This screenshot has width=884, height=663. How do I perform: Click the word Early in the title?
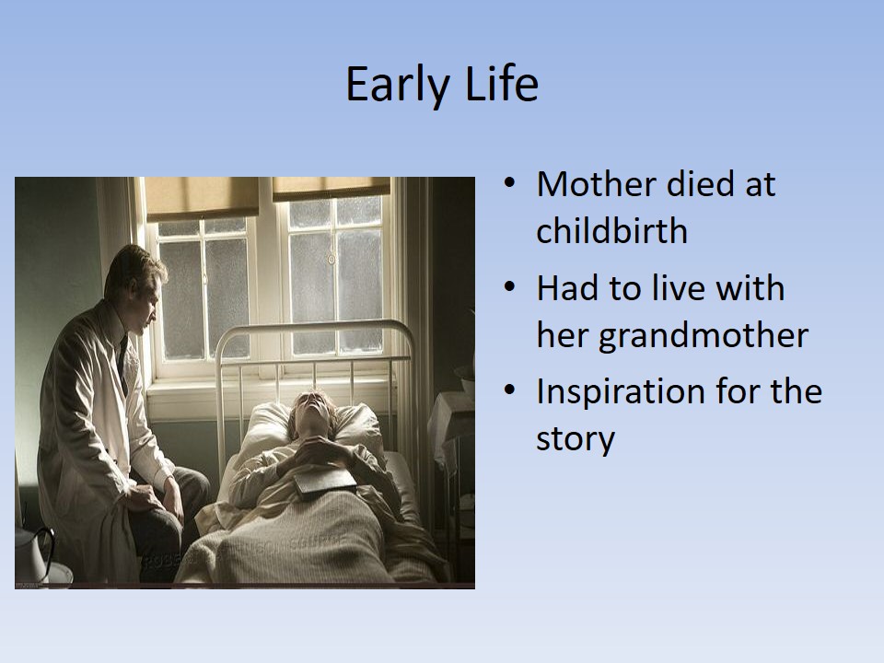397,85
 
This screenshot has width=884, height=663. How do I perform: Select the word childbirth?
611,230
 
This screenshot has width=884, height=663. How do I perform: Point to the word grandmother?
704,336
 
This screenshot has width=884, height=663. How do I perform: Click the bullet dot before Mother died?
509,184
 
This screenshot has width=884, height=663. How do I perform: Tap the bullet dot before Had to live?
509,287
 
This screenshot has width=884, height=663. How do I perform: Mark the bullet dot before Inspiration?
509,390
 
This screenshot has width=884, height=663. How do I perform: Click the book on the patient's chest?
325,482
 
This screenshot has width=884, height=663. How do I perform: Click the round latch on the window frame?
331,260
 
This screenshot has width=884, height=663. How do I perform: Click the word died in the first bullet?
701,184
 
